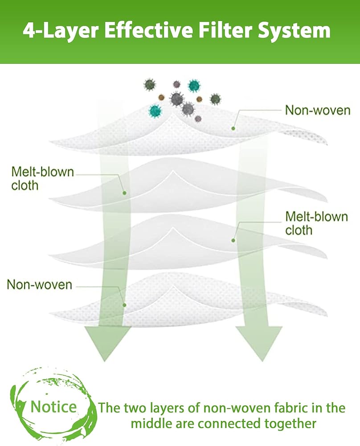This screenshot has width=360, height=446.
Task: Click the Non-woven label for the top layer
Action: click(318, 110)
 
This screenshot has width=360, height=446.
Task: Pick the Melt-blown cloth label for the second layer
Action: click(43, 178)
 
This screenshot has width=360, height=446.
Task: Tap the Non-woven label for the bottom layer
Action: click(39, 285)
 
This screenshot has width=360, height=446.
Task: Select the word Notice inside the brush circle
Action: click(53, 407)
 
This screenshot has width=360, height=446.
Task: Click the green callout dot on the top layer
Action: click(233, 128)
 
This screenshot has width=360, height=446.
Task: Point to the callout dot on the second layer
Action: click(125, 193)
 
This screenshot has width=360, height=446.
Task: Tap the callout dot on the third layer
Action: click(233, 240)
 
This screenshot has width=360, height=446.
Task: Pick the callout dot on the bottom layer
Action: click(125, 305)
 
